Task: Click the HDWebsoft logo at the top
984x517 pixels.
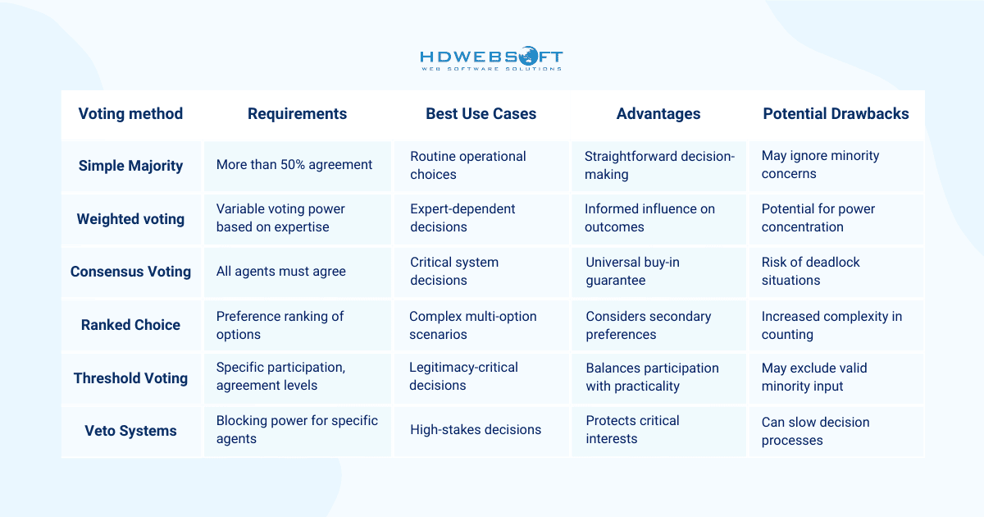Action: coord(491,58)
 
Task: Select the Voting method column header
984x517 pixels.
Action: coord(130,114)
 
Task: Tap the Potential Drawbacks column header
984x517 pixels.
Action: coord(836,114)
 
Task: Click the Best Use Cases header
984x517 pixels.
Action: coord(481,114)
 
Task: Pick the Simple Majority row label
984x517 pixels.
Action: coord(130,166)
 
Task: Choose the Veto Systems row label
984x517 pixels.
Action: coord(130,431)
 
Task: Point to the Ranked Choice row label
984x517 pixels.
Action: coord(130,325)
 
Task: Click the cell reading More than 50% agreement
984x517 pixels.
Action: coord(294,164)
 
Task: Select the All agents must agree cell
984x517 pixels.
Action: coord(280,272)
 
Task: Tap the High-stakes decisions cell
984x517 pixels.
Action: coord(476,429)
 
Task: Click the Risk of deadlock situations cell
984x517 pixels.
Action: coord(810,272)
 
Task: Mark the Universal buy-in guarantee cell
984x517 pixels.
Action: coord(632,272)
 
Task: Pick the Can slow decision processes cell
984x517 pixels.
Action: coord(815,432)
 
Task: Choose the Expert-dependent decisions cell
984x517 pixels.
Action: coord(462,217)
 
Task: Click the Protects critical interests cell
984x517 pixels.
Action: coord(632,429)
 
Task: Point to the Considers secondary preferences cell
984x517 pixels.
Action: coord(649,325)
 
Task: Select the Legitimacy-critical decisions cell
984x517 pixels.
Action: coord(463,377)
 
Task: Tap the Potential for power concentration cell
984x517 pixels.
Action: coord(818,217)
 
